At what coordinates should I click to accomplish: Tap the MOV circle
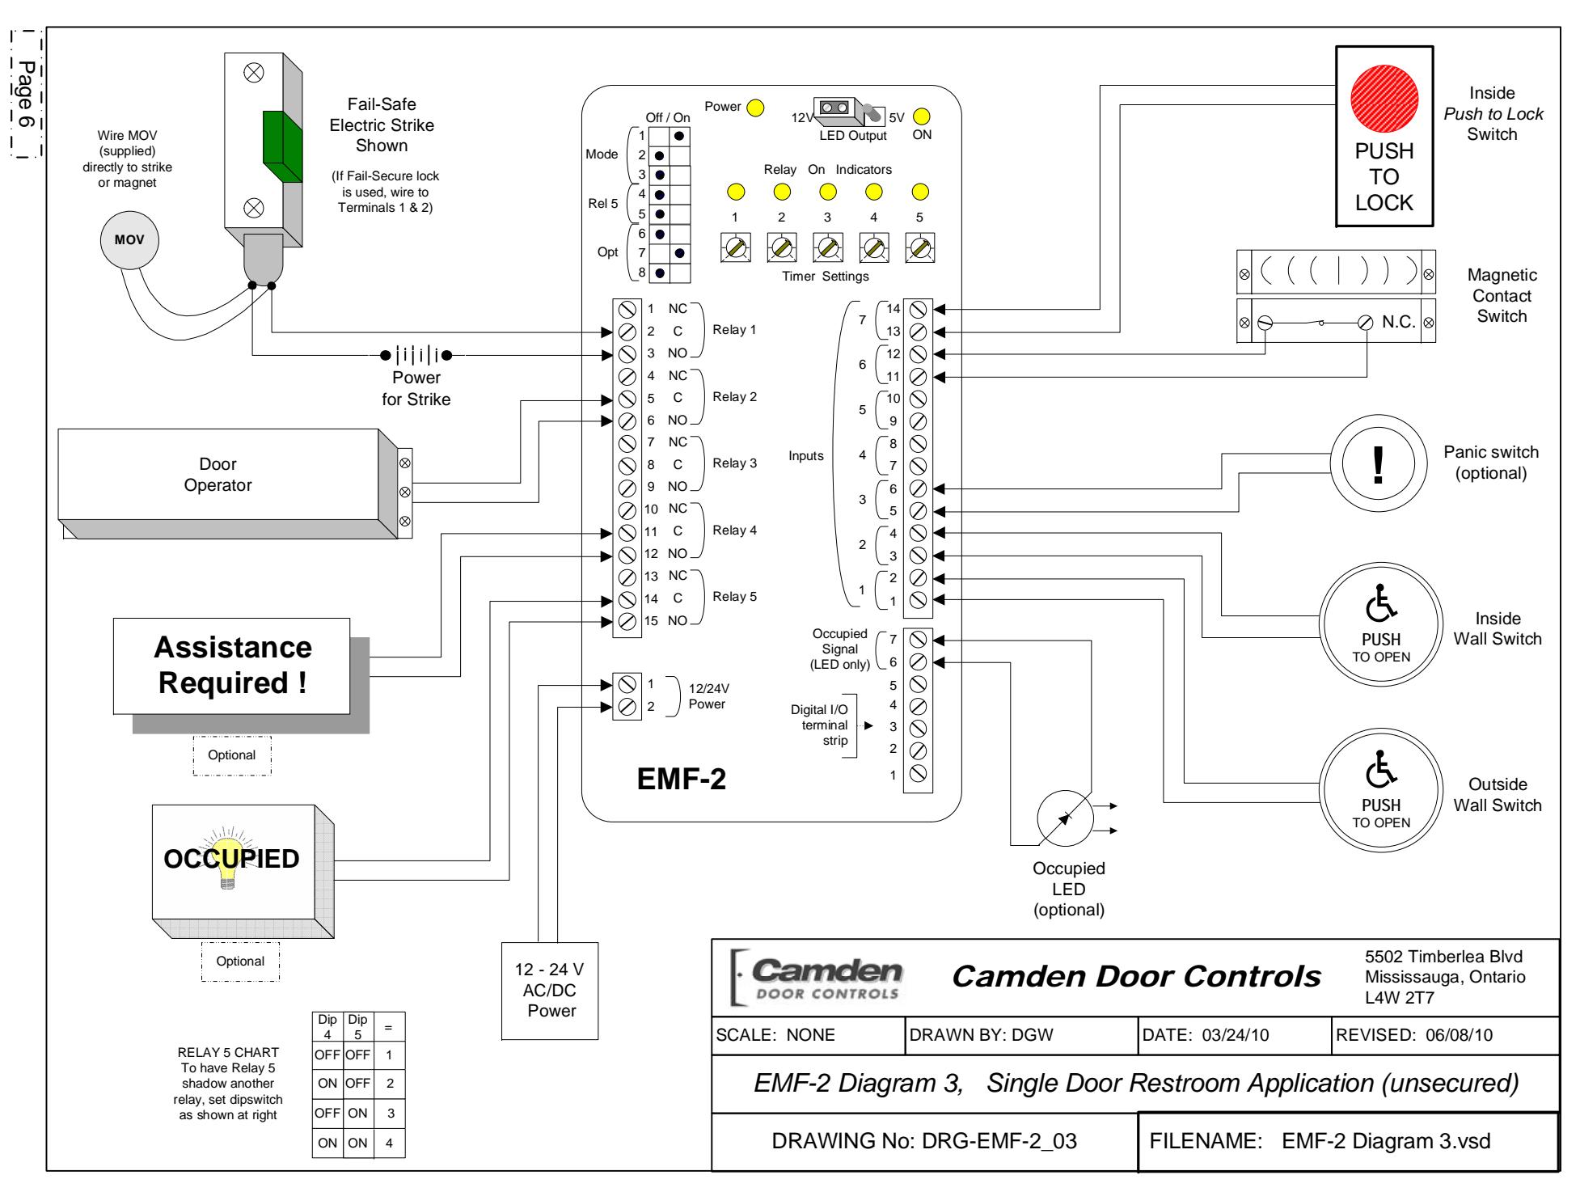tap(129, 240)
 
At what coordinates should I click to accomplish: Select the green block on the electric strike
tap(282, 146)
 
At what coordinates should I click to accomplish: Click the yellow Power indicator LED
tap(755, 108)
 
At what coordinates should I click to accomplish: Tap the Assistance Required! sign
tap(232, 666)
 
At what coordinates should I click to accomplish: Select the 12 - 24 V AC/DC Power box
tap(551, 991)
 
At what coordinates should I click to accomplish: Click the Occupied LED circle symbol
tap(1064, 818)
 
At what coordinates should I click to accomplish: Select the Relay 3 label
tap(734, 463)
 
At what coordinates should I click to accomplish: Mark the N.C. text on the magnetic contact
tap(1398, 321)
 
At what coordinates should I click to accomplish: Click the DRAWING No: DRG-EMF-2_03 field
tap(924, 1141)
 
